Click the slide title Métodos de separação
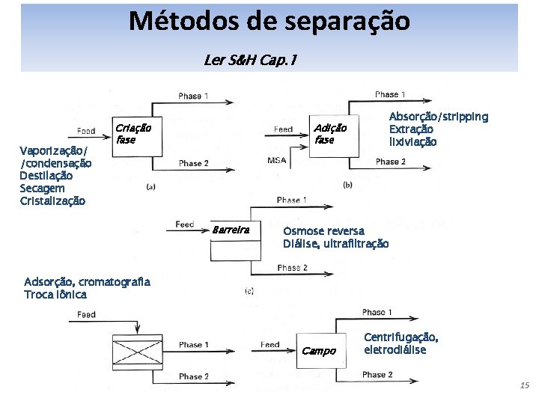click(269, 21)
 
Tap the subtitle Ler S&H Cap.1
click(249, 59)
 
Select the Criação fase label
click(133, 133)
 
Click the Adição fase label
click(329, 133)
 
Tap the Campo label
click(319, 351)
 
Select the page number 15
click(524, 385)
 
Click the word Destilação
click(46, 176)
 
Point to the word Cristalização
click(52, 201)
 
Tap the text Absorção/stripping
click(438, 117)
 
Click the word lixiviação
click(412, 141)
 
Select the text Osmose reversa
click(323, 231)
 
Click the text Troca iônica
click(55, 294)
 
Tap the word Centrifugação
click(401, 337)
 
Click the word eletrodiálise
click(395, 349)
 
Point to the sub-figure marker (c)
click(249, 291)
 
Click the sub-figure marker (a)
click(150, 187)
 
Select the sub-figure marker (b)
click(347, 185)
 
